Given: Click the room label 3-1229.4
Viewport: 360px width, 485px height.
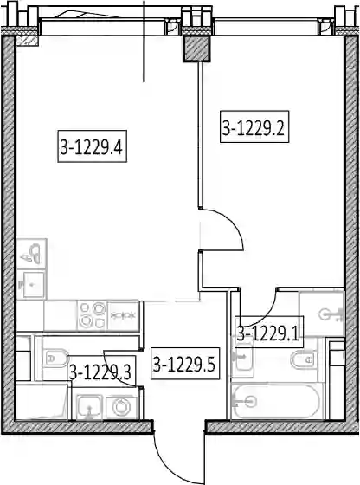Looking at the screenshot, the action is pyautogui.click(x=92, y=146).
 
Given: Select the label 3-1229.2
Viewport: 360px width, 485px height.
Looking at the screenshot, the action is pyautogui.click(x=254, y=126).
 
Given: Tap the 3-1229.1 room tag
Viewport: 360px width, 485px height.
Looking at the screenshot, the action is pyautogui.click(x=268, y=332).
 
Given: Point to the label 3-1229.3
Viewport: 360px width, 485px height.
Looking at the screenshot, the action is pyautogui.click(x=100, y=372).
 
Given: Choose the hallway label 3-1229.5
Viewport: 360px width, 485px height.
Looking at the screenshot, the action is pyautogui.click(x=185, y=364).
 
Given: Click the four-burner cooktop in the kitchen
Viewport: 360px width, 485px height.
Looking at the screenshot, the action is pyautogui.click(x=92, y=315).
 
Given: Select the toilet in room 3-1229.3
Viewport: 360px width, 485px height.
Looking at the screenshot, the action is pyautogui.click(x=55, y=359).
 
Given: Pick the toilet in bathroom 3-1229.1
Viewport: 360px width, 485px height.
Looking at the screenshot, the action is pyautogui.click(x=304, y=359).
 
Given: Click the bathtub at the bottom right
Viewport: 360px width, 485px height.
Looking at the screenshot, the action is pyautogui.click(x=277, y=401).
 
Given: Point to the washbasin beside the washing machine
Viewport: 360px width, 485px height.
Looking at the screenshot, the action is pyautogui.click(x=89, y=407).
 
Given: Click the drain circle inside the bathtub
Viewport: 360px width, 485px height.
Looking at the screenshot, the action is pyautogui.click(x=251, y=402).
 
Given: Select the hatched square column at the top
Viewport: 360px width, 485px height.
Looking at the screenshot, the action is pyautogui.click(x=196, y=48).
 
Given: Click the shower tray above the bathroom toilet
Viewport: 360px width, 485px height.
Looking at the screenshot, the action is pyautogui.click(x=321, y=314).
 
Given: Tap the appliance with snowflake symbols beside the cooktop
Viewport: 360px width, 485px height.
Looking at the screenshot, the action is pyautogui.click(x=123, y=315).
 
